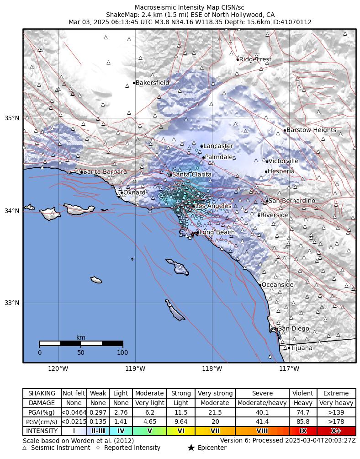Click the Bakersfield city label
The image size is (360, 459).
coord(152,83)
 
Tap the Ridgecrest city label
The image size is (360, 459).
coord(255,59)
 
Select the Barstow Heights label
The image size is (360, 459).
coord(311,130)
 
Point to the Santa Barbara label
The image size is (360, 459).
coord(105,172)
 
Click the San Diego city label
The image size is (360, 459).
coord(293,329)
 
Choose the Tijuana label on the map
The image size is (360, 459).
coord(302,348)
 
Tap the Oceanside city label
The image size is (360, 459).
coord(277,285)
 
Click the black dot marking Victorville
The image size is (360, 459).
coord(267,161)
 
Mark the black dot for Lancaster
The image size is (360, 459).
coord(201,146)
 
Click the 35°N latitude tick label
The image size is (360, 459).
coord(12,118)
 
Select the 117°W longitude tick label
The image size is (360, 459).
coord(289,369)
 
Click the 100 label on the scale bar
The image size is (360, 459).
coord(122,352)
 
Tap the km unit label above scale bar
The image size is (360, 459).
coord(81,337)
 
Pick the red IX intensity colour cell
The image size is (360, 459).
coord(303,431)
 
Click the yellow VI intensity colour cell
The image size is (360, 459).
coord(181,431)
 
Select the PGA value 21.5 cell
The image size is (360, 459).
coord(215,412)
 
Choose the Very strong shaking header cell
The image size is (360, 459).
coord(215,393)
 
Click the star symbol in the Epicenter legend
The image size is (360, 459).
coord(191,448)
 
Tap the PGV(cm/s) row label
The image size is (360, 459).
coord(42,422)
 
